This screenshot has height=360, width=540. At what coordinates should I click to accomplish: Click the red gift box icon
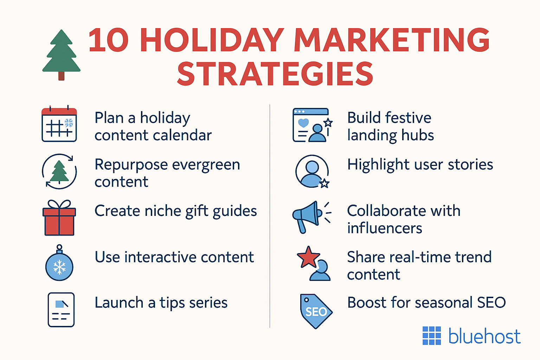click(x=59, y=218)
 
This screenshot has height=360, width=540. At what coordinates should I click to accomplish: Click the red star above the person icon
click(x=308, y=257)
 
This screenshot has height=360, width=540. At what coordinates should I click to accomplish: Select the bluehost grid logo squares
click(x=431, y=335)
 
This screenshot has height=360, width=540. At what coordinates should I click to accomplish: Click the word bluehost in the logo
click(x=484, y=336)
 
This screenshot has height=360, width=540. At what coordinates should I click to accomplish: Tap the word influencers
click(x=384, y=228)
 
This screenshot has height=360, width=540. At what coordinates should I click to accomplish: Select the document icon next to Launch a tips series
click(x=61, y=310)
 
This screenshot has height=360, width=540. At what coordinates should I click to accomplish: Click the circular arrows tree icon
click(x=59, y=171)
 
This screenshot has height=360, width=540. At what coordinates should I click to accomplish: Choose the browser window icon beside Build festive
click(x=311, y=125)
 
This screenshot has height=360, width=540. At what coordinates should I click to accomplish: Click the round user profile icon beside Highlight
click(x=312, y=171)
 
